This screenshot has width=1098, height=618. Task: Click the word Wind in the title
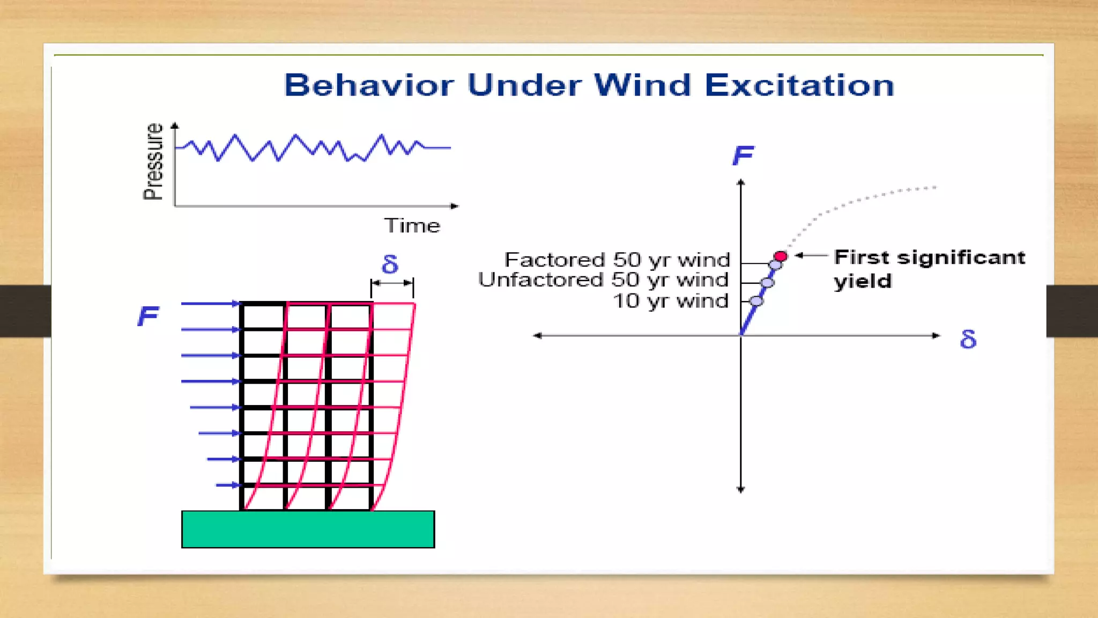point(642,85)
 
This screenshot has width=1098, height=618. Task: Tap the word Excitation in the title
point(799,85)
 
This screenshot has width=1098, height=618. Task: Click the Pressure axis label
point(153,161)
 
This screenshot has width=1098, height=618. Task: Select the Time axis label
point(412,226)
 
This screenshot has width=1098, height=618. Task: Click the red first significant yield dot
point(781,256)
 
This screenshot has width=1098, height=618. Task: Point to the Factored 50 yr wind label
point(617,260)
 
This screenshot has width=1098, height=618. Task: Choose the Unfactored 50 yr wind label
point(603,280)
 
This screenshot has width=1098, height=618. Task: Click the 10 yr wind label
point(670,301)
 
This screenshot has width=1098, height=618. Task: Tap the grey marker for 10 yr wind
point(756,301)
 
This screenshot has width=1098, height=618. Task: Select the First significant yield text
point(929,268)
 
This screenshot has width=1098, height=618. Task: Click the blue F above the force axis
point(743,156)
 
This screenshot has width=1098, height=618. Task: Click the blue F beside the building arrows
point(148,316)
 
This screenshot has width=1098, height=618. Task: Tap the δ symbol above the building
point(390,264)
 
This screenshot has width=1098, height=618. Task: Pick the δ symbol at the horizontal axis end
point(968,340)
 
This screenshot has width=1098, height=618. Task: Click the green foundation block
point(308,529)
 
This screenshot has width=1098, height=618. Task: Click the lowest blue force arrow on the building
point(228,485)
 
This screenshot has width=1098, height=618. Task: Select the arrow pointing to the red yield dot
point(811,256)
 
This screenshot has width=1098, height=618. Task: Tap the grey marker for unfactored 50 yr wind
point(767,282)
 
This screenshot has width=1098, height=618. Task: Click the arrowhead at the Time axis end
point(455,206)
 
